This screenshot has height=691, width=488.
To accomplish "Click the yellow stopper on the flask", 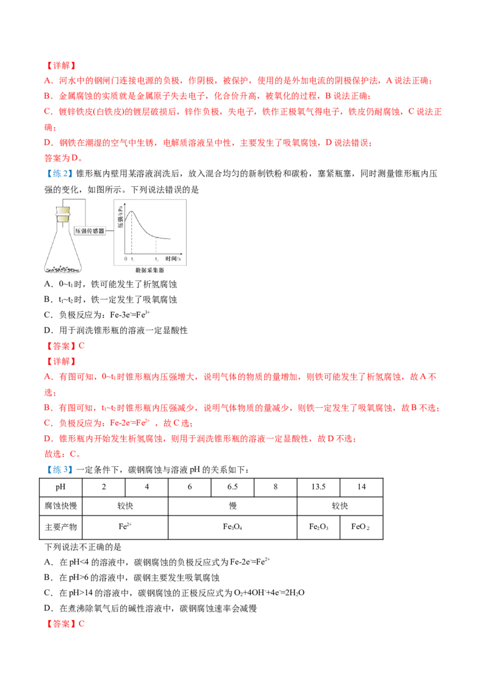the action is point(63,214).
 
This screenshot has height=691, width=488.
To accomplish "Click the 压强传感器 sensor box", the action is point(90,231).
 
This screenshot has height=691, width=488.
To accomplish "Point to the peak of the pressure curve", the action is point(131,212).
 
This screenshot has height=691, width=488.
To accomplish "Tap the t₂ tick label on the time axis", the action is point(156,259).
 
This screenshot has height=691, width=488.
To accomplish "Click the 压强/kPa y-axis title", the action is point(120,218).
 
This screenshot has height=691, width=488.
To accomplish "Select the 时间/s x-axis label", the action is point(173,259).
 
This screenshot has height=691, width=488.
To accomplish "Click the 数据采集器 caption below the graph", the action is point(149,270).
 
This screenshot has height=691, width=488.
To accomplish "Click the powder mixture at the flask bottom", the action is point(63,269).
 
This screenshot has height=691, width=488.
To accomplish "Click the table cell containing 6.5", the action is point(232,487).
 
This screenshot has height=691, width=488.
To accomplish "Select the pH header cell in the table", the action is point(61,487).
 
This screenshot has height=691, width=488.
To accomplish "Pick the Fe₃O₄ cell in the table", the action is point(232,527).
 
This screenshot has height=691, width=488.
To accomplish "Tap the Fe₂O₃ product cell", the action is point(318,527).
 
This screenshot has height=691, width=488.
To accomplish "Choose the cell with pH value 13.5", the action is point(318,487).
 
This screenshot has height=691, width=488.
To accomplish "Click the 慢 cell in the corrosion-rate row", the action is point(232,506).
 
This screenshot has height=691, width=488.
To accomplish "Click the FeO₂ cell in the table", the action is point(361,527).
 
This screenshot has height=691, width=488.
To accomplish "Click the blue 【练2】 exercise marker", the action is point(59,173).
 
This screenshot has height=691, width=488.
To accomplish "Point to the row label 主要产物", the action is point(61,527).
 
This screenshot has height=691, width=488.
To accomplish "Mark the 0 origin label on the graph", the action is point(126,259).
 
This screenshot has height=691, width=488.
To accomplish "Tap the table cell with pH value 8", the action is point(275,487).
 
